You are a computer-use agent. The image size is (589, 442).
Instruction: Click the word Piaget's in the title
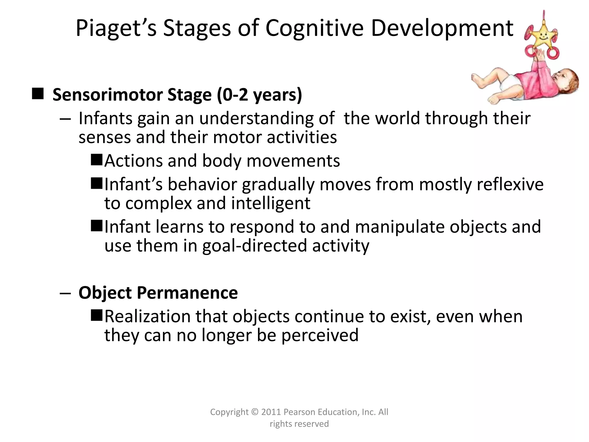tap(116, 28)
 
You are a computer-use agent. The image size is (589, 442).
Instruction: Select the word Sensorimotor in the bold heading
tap(108, 95)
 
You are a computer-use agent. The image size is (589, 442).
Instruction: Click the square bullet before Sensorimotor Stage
tap(38, 94)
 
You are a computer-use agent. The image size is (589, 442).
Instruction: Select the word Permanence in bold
tap(187, 293)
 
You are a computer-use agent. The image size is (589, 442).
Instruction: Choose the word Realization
tap(148, 316)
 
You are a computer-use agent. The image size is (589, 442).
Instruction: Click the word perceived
tap(320, 335)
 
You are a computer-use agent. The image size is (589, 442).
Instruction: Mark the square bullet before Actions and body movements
tap(97, 160)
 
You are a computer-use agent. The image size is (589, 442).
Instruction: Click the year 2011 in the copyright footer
tap(271, 412)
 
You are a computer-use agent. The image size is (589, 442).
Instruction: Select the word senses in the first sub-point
tap(105, 137)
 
